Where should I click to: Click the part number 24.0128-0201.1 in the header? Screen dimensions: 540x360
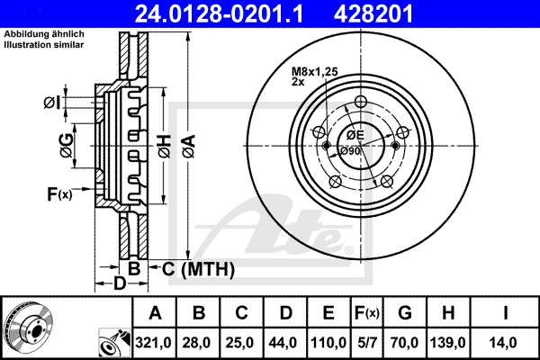[219, 14]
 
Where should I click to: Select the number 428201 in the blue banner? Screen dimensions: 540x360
[373, 14]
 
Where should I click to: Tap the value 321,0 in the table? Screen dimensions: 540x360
[153, 343]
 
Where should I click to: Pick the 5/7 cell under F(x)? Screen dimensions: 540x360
[367, 343]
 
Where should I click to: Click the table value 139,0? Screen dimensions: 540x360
[448, 343]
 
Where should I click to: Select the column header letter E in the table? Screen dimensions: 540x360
[328, 313]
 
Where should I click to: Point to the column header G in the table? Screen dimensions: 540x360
[405, 313]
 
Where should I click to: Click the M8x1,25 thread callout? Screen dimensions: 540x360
[315, 72]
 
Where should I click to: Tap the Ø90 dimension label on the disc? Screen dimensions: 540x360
[350, 151]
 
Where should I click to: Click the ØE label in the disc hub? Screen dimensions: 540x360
[355, 135]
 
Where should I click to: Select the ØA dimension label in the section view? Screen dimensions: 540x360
[189, 147]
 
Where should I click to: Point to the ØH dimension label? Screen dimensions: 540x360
[165, 147]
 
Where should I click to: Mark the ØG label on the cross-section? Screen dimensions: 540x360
[67, 146]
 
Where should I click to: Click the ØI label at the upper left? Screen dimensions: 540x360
[52, 103]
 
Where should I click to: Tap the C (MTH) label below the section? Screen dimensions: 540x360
[198, 269]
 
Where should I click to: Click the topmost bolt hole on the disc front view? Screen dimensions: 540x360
[361, 102]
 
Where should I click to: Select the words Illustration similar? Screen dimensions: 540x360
[44, 45]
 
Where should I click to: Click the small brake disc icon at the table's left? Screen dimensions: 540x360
[28, 327]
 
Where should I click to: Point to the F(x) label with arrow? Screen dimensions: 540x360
[59, 194]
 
